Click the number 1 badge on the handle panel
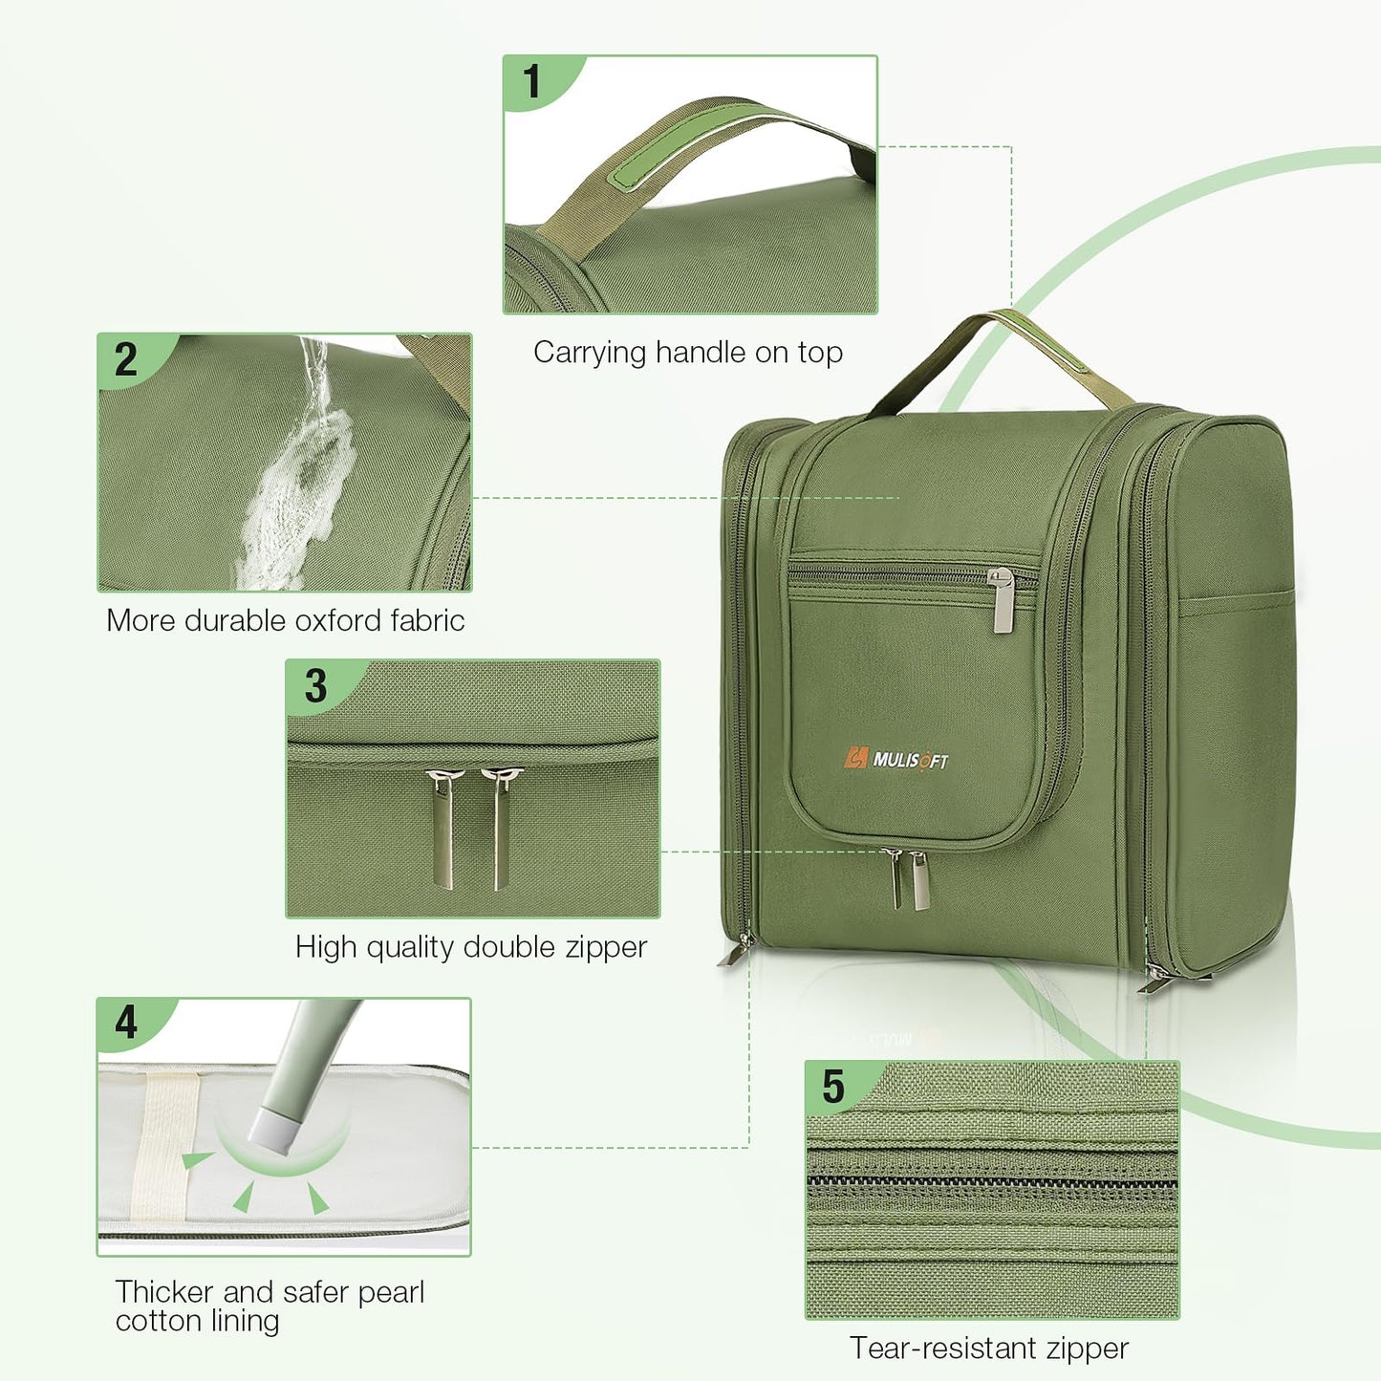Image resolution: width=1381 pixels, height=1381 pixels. point(532,81)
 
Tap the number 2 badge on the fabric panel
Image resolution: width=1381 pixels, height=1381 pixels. point(126,359)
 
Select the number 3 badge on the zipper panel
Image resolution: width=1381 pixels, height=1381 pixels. point(315,686)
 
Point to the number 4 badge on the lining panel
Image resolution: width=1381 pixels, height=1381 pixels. point(126,1023)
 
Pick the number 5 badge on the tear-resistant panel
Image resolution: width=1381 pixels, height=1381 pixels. point(833,1087)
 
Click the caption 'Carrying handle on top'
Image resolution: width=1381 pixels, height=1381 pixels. point(687,353)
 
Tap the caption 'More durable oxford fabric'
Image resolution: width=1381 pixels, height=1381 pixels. point(285,621)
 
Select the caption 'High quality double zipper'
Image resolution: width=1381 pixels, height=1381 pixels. point(471,947)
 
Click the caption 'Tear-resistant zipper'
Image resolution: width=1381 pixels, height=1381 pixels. point(989,1349)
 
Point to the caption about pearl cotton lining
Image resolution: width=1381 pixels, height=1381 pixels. point(270,1305)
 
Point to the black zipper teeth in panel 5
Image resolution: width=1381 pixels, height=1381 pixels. point(992,1182)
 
